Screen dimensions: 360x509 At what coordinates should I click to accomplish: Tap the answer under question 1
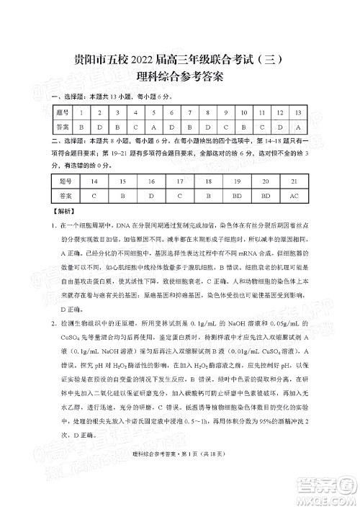click(x=81, y=127)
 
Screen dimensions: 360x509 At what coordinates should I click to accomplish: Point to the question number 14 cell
click(x=94, y=181)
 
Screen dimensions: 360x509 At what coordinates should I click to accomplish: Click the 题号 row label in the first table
click(x=61, y=112)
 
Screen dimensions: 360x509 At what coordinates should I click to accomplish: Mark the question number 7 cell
click(x=189, y=112)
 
